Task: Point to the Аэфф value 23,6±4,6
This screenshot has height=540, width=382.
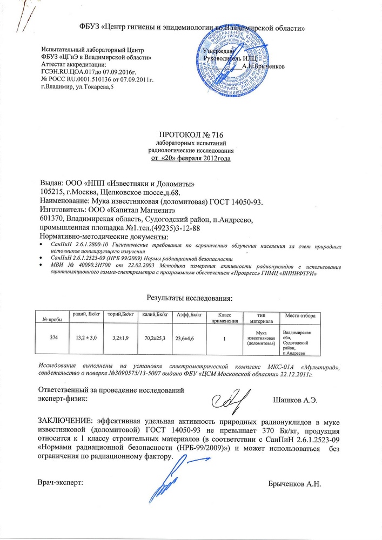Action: [x=185, y=339]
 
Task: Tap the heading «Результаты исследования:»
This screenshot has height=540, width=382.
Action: [x=190, y=298]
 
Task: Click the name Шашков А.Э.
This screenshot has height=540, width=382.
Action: [x=296, y=399]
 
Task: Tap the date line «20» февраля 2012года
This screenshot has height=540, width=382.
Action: [x=190, y=158]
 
